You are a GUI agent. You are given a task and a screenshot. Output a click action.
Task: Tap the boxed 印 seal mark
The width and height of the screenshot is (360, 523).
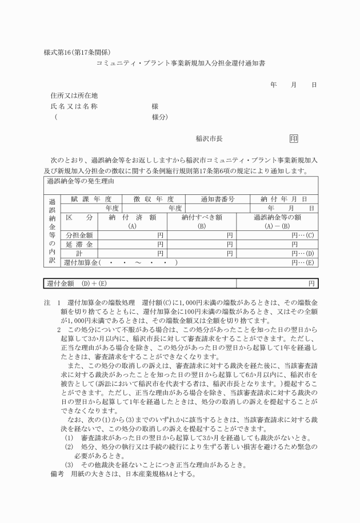point(294,138)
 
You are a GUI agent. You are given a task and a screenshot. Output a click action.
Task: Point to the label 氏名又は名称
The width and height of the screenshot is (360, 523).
point(74,106)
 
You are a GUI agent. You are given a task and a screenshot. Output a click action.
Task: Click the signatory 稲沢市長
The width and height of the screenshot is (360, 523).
point(209,138)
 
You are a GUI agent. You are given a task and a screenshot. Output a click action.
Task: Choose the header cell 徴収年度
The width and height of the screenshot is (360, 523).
point(154,199)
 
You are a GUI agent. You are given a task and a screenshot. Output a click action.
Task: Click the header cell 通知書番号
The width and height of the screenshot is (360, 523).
point(217,199)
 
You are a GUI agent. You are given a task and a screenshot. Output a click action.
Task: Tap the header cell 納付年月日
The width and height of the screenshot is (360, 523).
point(284,199)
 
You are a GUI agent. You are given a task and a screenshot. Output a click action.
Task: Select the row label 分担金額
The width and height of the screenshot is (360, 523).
point(79,235)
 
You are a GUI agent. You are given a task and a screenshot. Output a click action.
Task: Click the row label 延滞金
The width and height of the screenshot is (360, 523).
point(79,244)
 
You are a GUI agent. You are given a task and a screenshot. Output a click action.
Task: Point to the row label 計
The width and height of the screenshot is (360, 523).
point(79,253)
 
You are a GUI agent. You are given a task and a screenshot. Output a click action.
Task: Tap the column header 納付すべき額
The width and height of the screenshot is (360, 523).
point(202,217)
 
